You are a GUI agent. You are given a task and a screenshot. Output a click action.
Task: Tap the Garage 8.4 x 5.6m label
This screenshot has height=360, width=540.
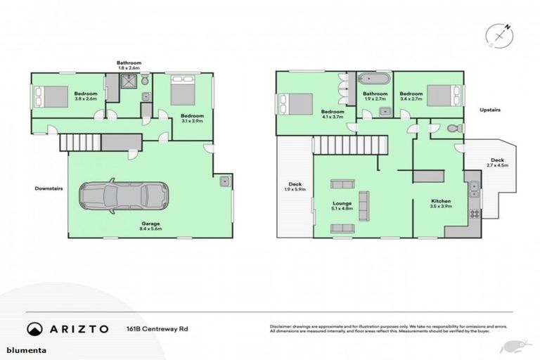[x=150, y=226]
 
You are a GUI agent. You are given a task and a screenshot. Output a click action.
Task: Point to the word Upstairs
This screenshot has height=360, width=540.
[x=491, y=110]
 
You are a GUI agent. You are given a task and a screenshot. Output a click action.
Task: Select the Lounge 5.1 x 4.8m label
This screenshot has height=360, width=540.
[x=342, y=205]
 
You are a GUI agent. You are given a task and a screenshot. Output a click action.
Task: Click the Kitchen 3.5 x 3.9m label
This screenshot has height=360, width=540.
[x=441, y=205]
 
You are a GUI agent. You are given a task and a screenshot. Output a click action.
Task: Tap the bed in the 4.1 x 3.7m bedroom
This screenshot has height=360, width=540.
[x=296, y=103]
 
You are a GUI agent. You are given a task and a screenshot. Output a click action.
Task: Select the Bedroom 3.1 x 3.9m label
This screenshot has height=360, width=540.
[x=191, y=118]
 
